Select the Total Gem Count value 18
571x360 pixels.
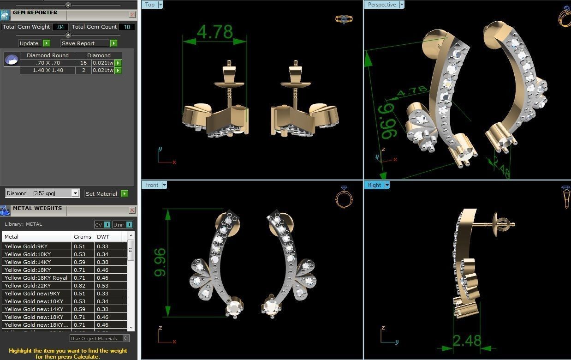tap(127, 27)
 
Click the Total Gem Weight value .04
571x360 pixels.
tap(60, 27)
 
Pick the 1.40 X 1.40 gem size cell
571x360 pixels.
tap(48, 71)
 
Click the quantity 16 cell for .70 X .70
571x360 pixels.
tap(83, 63)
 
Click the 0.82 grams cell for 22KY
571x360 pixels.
tap(79, 286)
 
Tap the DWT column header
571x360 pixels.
tap(103, 237)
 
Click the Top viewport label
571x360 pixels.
tap(150, 5)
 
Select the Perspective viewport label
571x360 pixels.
tap(382, 5)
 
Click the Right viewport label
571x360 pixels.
tap(375, 185)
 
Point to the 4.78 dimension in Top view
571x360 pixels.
tap(214, 32)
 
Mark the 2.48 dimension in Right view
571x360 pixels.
tap(467, 341)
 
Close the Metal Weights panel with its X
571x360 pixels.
tap(132, 210)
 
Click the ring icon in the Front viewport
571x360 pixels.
tap(344, 198)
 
